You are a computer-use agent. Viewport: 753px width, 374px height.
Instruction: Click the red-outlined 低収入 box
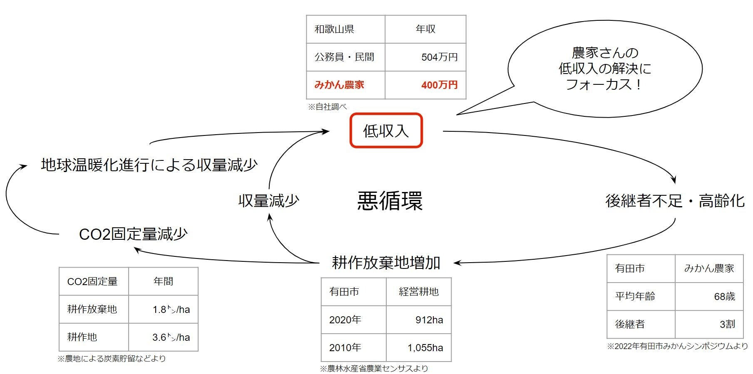[x=386, y=130]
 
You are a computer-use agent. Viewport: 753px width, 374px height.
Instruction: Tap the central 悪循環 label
[x=390, y=201]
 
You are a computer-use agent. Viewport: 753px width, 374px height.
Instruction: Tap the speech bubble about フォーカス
[x=604, y=69]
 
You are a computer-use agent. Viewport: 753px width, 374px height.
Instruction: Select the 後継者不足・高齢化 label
[x=674, y=201]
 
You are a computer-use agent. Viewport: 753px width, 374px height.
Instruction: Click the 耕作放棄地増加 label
[x=386, y=263]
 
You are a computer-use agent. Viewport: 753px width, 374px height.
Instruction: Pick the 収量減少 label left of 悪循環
[x=268, y=201]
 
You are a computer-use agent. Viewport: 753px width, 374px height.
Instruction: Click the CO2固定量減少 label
[x=133, y=234]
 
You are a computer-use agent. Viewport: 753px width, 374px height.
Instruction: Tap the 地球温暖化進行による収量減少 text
[x=149, y=165]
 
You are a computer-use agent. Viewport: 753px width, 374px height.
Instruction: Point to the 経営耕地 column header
[x=419, y=292]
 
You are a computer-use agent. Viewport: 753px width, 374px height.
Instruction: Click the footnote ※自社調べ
[x=327, y=107]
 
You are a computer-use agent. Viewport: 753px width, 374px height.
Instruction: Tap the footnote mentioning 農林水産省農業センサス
[x=374, y=368]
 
